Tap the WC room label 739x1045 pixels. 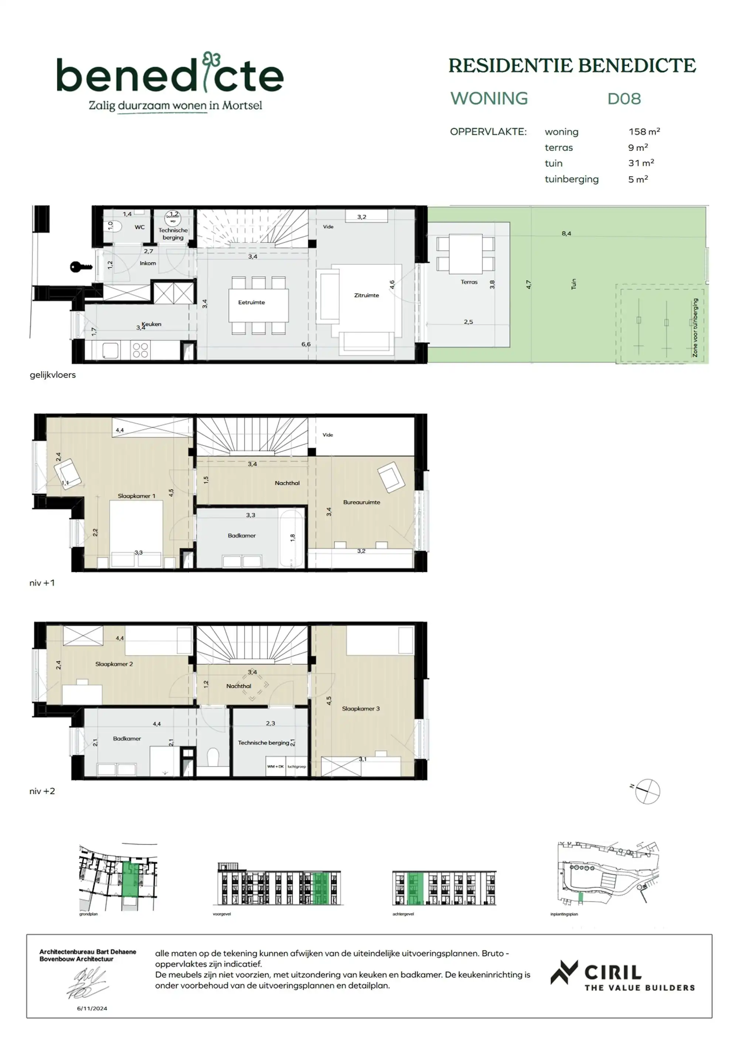click(139, 227)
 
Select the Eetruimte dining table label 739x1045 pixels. click(251, 302)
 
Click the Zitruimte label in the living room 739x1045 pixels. click(366, 295)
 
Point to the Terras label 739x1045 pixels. click(469, 282)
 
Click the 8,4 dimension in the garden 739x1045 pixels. click(566, 234)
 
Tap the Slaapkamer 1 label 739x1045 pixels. click(136, 496)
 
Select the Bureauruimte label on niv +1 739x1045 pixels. click(361, 502)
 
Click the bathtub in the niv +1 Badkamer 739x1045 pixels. click(292, 538)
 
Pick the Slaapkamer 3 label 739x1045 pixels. click(360, 708)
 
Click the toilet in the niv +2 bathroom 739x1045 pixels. click(213, 758)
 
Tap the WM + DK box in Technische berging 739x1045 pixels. click(275, 766)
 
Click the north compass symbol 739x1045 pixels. click(647, 791)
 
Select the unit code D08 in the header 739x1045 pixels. click(624, 99)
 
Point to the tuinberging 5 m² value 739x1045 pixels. click(638, 179)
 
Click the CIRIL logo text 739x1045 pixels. click(613, 973)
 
